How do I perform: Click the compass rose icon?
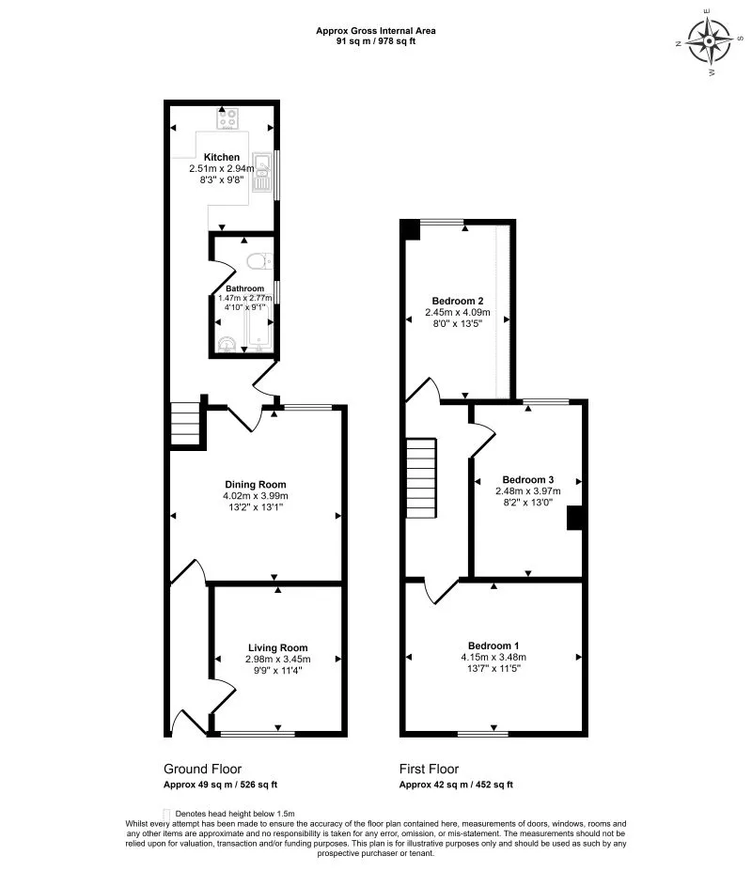click(x=710, y=40)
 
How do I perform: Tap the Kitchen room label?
click(x=222, y=157)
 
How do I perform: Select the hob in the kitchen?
click(x=228, y=118)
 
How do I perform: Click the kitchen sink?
click(x=260, y=173)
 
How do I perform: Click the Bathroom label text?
click(x=244, y=288)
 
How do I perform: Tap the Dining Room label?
click(x=255, y=484)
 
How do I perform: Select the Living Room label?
click(x=278, y=647)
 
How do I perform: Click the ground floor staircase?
click(x=187, y=424)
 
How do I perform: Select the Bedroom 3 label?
click(x=528, y=478)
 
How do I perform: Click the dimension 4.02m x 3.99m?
click(x=255, y=496)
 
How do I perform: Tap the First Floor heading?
click(x=429, y=769)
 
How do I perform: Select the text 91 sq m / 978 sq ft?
click(x=375, y=41)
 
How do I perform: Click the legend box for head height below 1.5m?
click(x=167, y=813)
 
